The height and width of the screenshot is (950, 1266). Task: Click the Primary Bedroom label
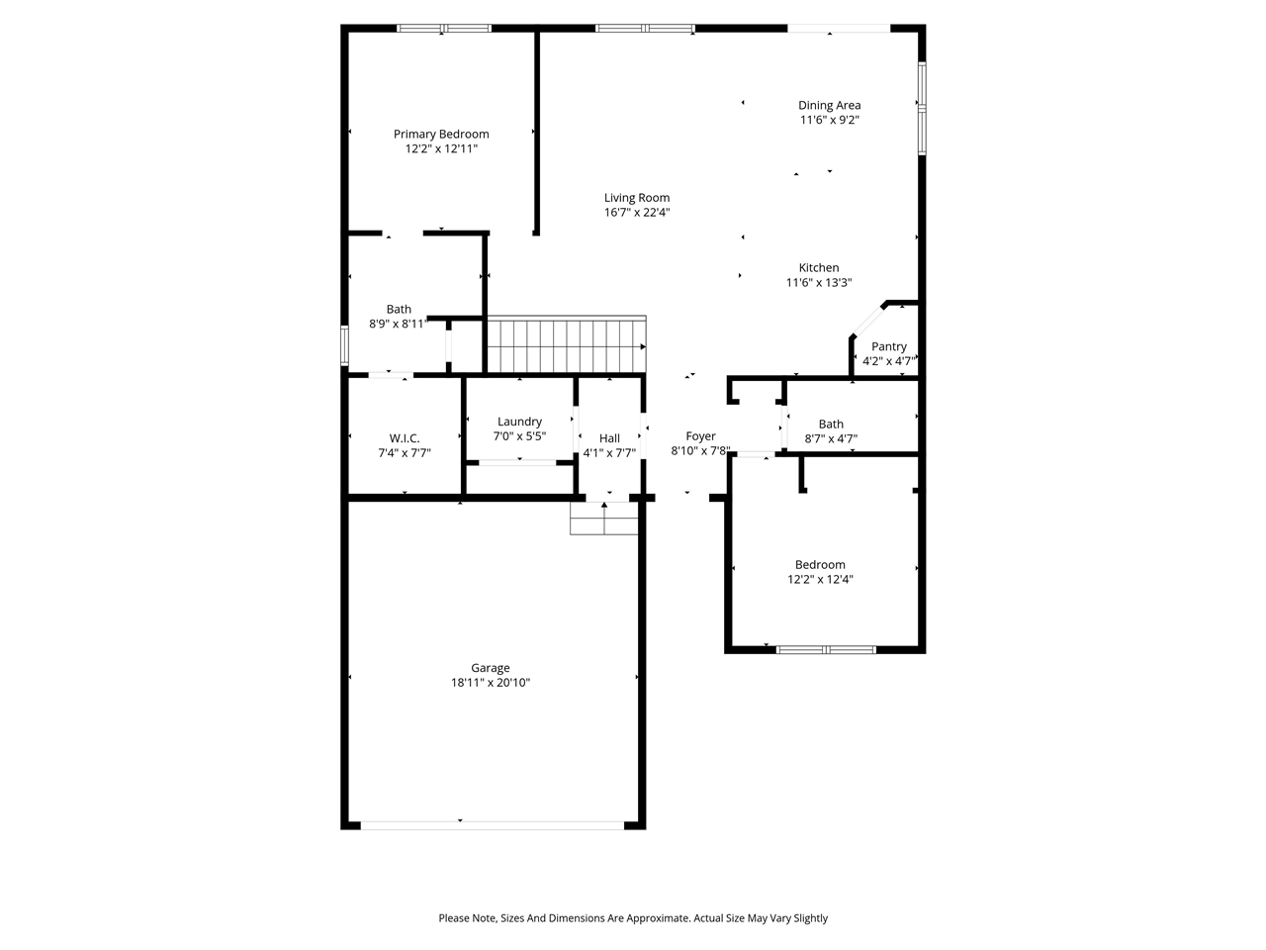tap(441, 135)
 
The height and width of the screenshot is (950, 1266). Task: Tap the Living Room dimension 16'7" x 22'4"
tap(637, 213)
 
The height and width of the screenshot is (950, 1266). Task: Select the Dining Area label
tap(829, 105)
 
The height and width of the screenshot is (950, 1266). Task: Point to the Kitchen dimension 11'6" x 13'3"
tap(819, 283)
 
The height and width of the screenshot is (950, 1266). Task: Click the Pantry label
tap(888, 346)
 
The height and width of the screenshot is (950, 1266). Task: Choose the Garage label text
tap(491, 668)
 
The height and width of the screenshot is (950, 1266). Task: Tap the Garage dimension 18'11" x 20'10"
tap(491, 683)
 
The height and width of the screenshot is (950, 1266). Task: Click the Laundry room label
tap(519, 422)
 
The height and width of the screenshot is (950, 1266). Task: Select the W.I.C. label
tap(405, 438)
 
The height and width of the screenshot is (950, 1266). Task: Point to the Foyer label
tap(700, 436)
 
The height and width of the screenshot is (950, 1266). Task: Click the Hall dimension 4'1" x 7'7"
tap(609, 453)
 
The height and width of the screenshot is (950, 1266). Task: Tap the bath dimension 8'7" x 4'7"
tap(831, 439)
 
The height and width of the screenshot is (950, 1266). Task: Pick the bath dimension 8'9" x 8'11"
tap(399, 324)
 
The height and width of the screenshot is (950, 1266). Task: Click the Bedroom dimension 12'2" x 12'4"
tap(820, 580)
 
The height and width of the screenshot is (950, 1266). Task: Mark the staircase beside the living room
tap(565, 345)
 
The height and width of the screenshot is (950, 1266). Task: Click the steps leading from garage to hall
tap(604, 519)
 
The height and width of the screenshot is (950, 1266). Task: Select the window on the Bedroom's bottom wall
tap(826, 650)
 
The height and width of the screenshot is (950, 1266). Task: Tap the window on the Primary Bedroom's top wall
tap(444, 29)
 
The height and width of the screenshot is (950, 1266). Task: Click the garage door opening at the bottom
tap(492, 823)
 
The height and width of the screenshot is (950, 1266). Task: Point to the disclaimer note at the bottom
tap(633, 918)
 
